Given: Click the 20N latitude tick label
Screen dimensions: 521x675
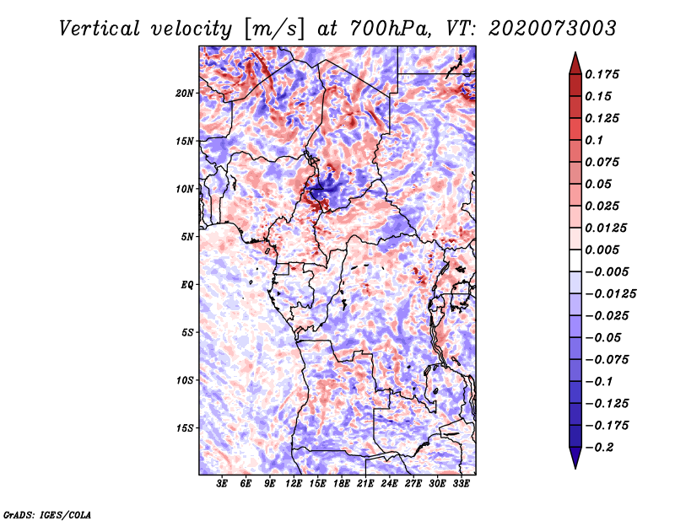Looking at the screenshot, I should (185, 93).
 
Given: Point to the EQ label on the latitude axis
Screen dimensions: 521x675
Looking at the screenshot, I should (187, 284).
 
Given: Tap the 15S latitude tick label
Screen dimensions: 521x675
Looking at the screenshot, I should (185, 427).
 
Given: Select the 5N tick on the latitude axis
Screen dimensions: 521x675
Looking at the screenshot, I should (187, 236).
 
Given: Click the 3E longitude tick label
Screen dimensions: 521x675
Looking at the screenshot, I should (223, 485).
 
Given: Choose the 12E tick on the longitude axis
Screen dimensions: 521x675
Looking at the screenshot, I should (294, 485).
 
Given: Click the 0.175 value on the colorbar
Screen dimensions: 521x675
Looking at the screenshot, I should (603, 74).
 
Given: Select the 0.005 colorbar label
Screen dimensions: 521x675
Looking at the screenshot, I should (603, 250).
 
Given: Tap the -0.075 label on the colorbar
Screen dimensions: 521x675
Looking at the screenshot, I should (608, 359).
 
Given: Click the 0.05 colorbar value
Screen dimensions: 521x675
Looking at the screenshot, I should (599, 184).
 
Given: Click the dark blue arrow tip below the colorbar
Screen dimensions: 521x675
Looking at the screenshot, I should (575, 463).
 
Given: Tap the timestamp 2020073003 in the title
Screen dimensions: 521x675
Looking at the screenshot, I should (543, 28).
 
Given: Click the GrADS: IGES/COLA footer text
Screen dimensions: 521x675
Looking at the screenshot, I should (46, 513).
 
